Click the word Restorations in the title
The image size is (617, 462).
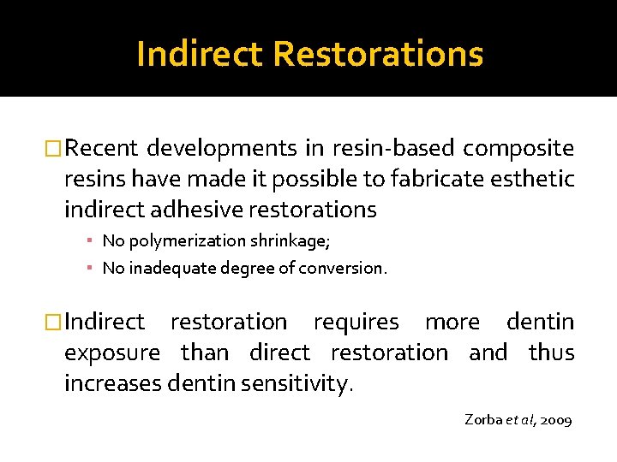click(x=378, y=54)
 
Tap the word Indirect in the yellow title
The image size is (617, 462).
click(x=200, y=54)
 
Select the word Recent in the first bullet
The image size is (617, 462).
click(x=101, y=149)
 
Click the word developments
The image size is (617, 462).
click(x=222, y=149)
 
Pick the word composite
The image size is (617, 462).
click(x=518, y=149)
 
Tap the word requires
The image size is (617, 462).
click(x=356, y=323)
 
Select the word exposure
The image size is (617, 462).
click(x=112, y=353)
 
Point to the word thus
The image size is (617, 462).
click(x=551, y=352)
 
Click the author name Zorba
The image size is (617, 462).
click(x=483, y=419)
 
